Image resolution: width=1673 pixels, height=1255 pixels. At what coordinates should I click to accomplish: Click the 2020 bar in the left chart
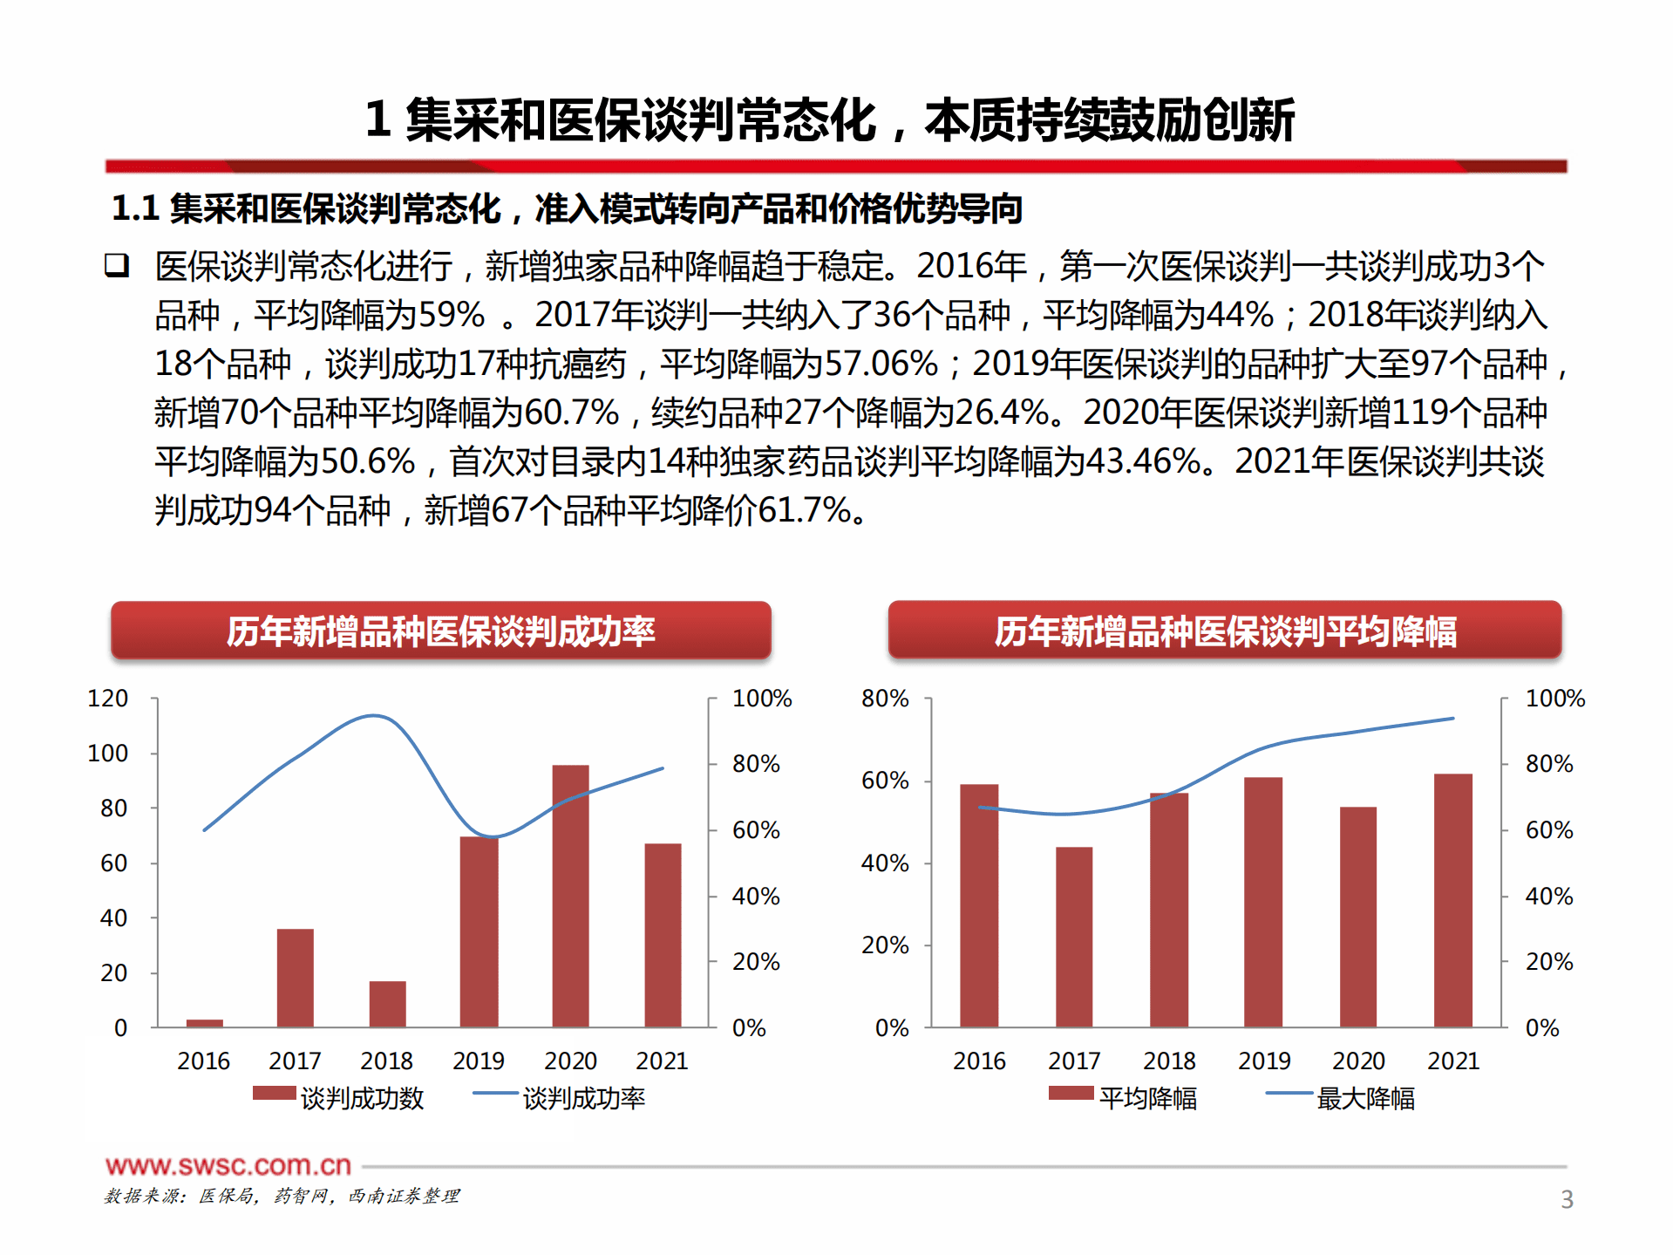coord(570,898)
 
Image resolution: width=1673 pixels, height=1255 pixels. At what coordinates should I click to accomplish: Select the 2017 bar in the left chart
coord(295,979)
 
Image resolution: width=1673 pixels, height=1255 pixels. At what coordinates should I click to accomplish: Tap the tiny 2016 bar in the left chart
coord(204,1023)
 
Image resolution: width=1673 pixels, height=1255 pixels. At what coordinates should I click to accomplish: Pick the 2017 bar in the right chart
coord(1073,938)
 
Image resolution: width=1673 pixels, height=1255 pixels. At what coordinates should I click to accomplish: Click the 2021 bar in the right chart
coord(1452,901)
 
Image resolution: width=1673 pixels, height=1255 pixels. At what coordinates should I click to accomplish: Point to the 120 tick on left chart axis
coord(108,699)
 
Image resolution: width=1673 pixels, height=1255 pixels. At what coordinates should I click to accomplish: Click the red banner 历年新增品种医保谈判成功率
coord(440,631)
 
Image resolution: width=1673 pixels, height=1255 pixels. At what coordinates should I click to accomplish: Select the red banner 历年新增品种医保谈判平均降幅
coord(1224,631)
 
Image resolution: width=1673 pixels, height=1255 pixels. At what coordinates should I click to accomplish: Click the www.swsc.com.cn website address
coord(228,1165)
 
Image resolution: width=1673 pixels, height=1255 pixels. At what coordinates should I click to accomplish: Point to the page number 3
coord(1566,1199)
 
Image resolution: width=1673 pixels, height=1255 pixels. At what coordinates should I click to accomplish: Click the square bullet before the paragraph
coord(117,265)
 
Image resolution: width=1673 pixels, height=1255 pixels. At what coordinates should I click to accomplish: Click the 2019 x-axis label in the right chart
coord(1263,1061)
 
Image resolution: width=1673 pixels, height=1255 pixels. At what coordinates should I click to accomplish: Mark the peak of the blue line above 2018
coord(375,716)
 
